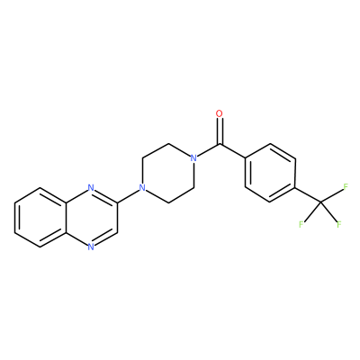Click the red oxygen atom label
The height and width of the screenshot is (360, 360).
click(x=220, y=113)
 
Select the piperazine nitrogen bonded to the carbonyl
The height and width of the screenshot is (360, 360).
click(x=194, y=158)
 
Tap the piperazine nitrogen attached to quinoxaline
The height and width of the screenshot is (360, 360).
click(x=143, y=188)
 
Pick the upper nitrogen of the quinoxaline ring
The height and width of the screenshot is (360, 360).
click(x=91, y=188)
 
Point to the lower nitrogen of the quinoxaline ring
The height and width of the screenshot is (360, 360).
click(x=91, y=247)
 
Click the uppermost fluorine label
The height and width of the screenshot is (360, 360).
click(x=346, y=187)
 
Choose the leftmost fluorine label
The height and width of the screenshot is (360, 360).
click(x=301, y=224)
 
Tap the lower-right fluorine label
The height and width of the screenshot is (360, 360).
click(x=339, y=224)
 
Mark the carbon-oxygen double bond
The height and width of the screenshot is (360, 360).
click(x=220, y=130)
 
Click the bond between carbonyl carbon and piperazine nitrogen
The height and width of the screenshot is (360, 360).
click(x=209, y=149)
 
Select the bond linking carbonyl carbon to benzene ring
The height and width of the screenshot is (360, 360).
click(x=233, y=150)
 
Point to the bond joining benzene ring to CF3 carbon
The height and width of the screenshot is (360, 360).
click(x=308, y=195)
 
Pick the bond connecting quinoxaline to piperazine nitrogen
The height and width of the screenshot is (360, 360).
click(x=128, y=195)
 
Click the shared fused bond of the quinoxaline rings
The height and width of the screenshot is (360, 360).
click(x=66, y=218)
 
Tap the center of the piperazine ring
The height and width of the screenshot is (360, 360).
click(x=168, y=173)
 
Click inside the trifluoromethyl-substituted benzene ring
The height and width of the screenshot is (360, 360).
click(x=271, y=173)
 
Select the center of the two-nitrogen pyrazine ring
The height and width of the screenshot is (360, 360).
click(x=91, y=218)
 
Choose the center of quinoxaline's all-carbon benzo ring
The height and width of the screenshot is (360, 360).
click(x=40, y=218)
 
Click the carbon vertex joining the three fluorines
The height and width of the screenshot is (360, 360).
click(x=320, y=202)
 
